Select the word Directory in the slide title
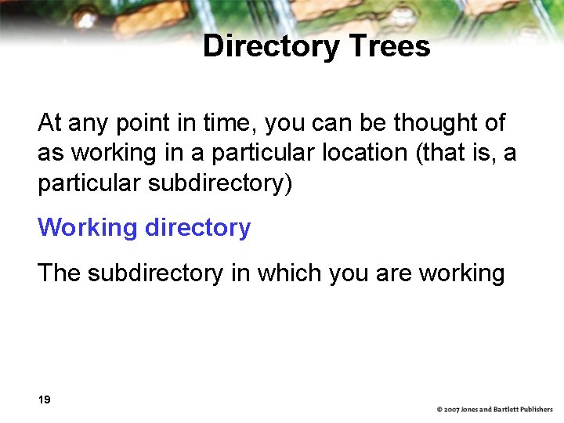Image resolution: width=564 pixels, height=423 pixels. click(271, 46)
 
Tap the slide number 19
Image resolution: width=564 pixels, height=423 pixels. click(44, 399)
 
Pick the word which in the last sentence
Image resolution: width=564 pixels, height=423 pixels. click(286, 273)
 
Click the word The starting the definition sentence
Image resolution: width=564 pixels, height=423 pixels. click(59, 273)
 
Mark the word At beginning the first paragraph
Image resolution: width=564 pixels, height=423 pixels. click(49, 123)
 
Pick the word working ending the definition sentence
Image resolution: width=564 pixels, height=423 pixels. click(462, 273)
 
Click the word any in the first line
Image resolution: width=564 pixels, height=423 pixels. click(84, 124)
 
